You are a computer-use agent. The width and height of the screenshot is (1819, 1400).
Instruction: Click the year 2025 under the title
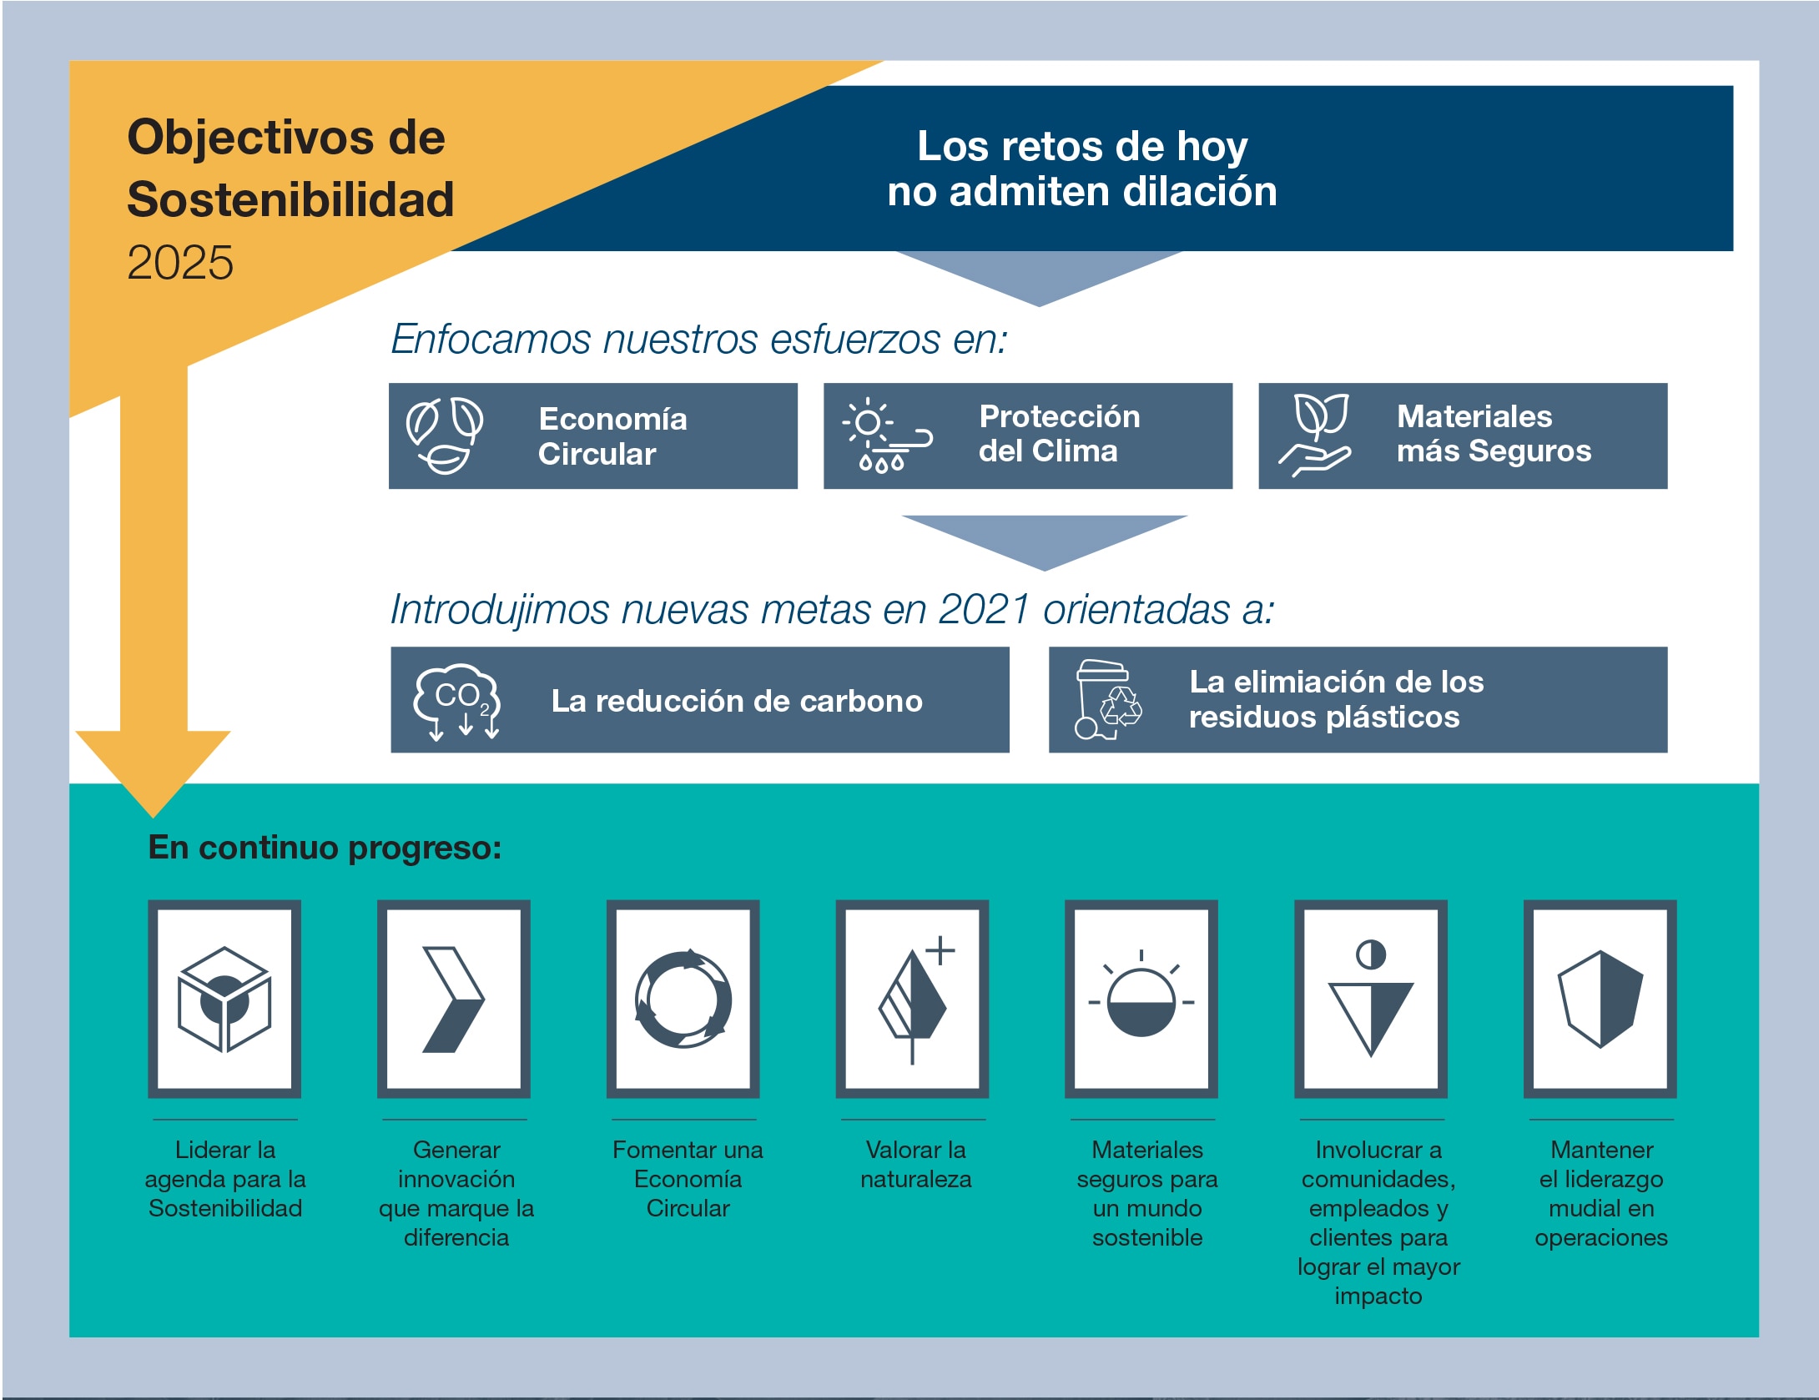point(180,263)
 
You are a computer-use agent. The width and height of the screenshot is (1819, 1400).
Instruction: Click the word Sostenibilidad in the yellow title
point(290,199)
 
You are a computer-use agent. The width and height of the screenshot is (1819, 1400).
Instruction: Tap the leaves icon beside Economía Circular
point(445,436)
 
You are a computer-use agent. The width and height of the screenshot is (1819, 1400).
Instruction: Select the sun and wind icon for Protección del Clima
point(887,435)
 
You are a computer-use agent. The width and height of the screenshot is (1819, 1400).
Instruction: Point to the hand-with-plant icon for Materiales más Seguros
point(1315,435)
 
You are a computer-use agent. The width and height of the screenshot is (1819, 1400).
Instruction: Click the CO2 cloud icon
point(457,702)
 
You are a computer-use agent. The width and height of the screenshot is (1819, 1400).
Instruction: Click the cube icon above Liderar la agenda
point(224,999)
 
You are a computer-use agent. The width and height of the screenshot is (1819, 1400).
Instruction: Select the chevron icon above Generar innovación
point(453,999)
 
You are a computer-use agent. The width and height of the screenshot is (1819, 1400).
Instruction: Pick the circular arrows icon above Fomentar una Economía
point(683,999)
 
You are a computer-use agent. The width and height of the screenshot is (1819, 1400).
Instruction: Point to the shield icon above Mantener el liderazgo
point(1600,999)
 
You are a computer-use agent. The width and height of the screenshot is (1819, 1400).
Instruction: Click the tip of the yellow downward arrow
point(154,817)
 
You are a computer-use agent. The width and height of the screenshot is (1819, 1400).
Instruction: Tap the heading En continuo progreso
point(325,848)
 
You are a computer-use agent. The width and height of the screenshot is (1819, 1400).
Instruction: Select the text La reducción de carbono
point(737,701)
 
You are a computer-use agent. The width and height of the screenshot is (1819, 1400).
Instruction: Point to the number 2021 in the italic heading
point(985,609)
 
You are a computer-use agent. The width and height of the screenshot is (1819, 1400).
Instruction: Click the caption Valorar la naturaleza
point(916,1165)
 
